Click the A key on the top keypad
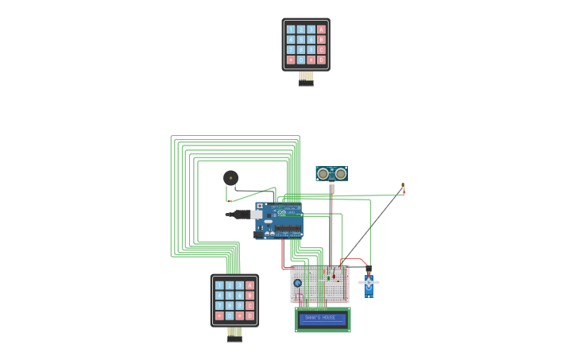[321, 29]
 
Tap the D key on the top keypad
[321, 60]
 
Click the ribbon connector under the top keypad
[306, 78]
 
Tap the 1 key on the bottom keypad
[219, 285]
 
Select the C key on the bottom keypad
[249, 305]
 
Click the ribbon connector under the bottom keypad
[234, 334]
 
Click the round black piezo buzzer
[230, 178]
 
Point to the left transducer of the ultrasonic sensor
[323, 173]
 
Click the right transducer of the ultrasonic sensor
[341, 173]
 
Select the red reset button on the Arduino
[260, 206]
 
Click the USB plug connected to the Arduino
[242, 215]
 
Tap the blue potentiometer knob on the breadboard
[298, 283]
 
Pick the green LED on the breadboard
[328, 277]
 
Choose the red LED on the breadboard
[338, 280]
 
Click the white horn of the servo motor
[369, 282]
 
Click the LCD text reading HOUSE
[329, 318]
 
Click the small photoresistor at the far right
[403, 188]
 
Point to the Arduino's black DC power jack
[259, 234]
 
